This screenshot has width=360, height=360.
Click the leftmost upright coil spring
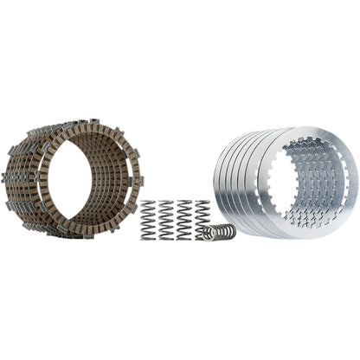(146, 221)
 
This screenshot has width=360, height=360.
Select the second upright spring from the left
(166, 221)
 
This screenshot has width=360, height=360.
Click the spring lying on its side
(219, 233)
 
